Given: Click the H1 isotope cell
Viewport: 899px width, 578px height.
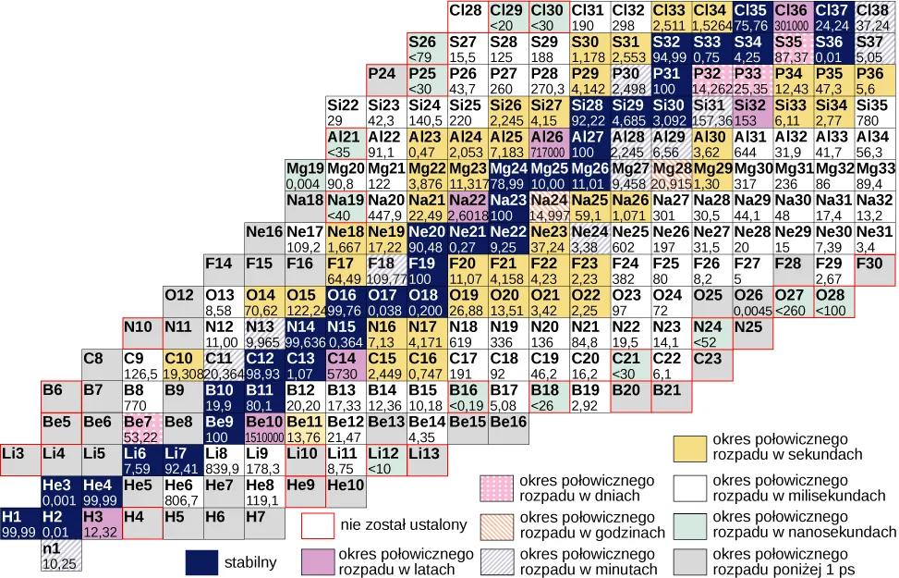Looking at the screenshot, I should [20, 523].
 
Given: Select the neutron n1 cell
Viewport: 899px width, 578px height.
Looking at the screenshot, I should [61, 555].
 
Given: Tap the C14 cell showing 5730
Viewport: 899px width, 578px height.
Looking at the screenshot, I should [346, 365].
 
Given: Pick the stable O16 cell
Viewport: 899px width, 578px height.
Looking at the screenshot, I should [346, 301].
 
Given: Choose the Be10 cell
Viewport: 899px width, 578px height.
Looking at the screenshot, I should [264, 428].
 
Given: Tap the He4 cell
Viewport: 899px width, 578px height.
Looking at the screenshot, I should [102, 492].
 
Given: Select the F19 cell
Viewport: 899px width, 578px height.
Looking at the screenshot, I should [427, 270].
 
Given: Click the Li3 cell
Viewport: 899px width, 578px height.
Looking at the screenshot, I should [20, 461].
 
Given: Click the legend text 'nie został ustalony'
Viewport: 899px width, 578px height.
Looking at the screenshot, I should [404, 525].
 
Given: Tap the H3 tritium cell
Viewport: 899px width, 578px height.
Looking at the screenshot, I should [102, 523].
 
